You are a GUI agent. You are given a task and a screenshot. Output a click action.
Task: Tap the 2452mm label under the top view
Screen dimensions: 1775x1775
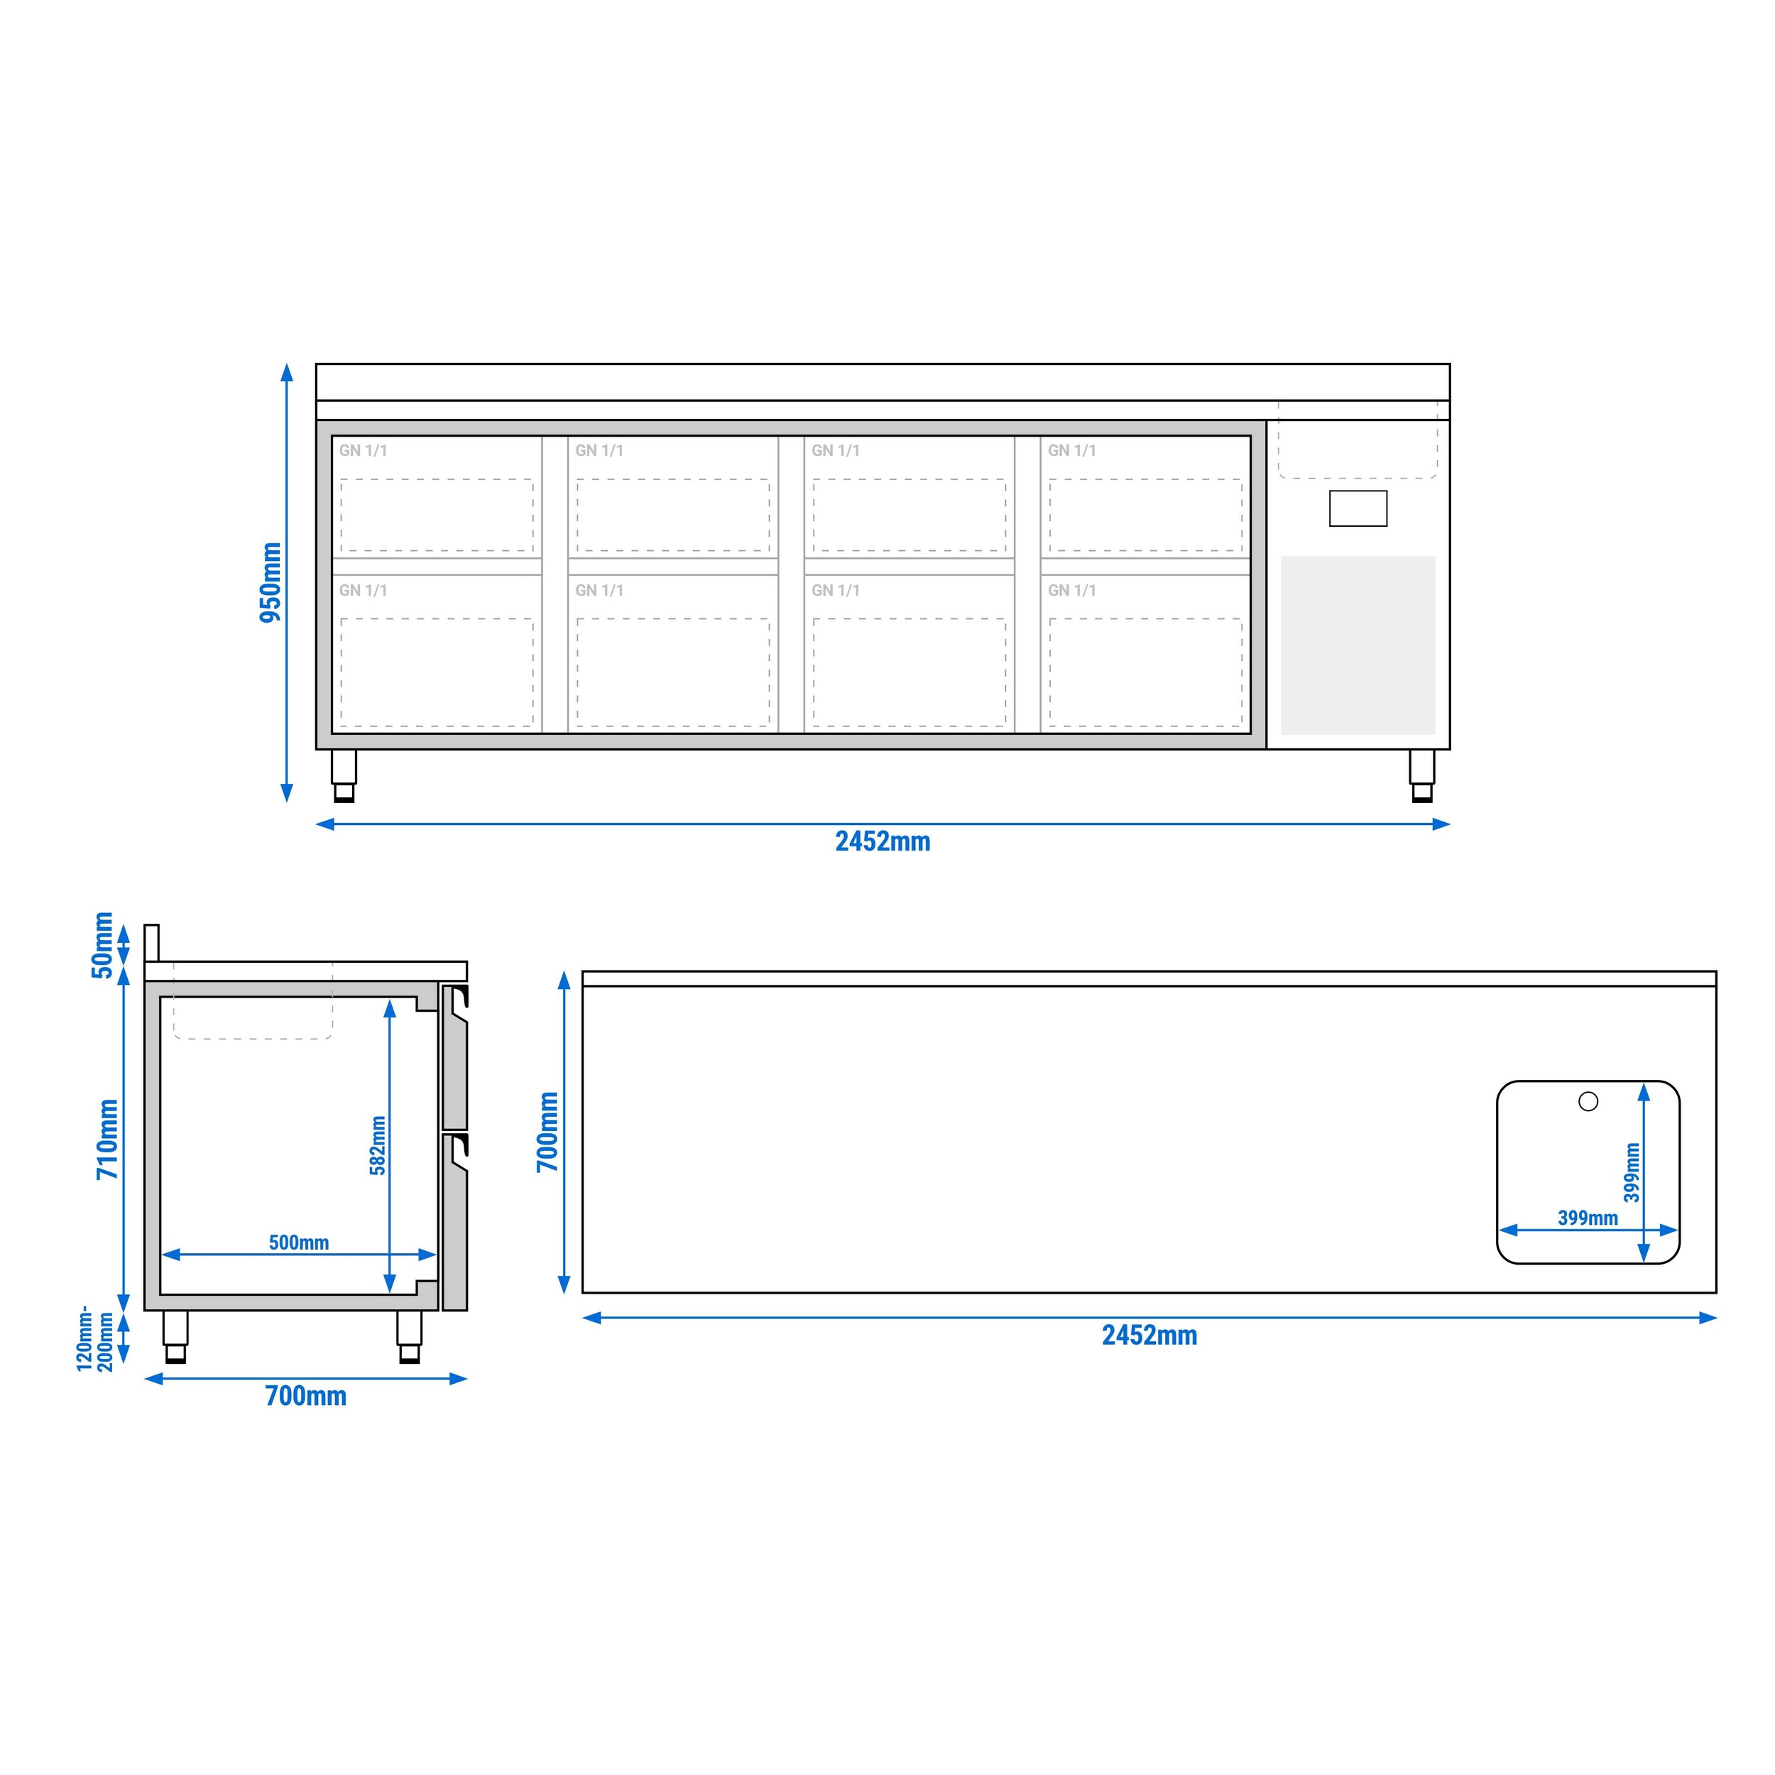pyautogui.click(x=1149, y=1335)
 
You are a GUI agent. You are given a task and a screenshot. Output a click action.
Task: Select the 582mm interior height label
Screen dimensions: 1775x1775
pyautogui.click(x=378, y=1146)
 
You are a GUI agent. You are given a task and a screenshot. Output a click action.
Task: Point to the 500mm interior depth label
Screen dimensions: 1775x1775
pyautogui.click(x=299, y=1242)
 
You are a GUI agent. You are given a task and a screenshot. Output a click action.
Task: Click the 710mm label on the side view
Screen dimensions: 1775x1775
pyautogui.click(x=107, y=1140)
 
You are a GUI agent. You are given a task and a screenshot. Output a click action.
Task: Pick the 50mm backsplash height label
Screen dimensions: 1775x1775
pyautogui.click(x=102, y=946)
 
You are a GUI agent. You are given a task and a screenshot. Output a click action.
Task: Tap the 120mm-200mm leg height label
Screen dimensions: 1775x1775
pyautogui.click(x=96, y=1338)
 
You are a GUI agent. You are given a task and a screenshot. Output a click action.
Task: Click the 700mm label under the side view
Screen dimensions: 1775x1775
pyautogui.click(x=306, y=1397)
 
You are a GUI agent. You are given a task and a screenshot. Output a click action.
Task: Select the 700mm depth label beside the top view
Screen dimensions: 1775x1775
pyautogui.click(x=547, y=1132)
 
